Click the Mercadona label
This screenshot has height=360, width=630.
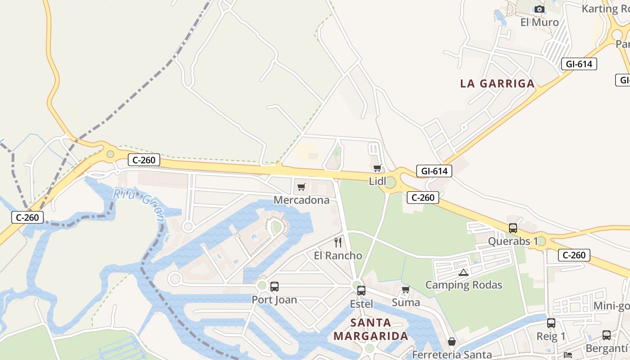pyautogui.click(x=301, y=200)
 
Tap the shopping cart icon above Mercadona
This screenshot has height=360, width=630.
pyautogui.click(x=301, y=187)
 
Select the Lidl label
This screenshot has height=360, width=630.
pyautogui.click(x=377, y=181)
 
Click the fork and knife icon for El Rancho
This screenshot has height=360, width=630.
pyautogui.click(x=338, y=243)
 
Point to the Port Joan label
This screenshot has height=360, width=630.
pyautogui.click(x=274, y=299)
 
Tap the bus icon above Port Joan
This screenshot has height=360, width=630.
pyautogui.click(x=274, y=286)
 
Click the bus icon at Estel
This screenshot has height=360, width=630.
pyautogui.click(x=361, y=291)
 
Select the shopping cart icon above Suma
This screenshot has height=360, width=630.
pyautogui.click(x=405, y=289)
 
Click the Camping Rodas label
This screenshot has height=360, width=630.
pyautogui.click(x=463, y=285)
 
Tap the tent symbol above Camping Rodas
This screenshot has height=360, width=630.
pyautogui.click(x=463, y=272)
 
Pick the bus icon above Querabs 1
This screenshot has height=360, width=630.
pyautogui.click(x=513, y=228)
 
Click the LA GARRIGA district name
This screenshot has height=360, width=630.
pyautogui.click(x=497, y=83)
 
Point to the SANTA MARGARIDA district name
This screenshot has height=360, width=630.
pyautogui.click(x=371, y=329)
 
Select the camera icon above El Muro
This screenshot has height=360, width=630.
pyautogui.click(x=539, y=9)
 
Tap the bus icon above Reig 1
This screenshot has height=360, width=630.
pyautogui.click(x=551, y=323)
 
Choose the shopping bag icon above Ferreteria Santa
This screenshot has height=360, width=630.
pyautogui.click(x=451, y=342)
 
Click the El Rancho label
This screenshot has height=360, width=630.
pyautogui.click(x=338, y=256)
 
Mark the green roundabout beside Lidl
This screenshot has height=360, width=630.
pyautogui.click(x=390, y=182)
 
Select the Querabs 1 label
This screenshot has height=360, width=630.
pyautogui.click(x=513, y=241)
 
